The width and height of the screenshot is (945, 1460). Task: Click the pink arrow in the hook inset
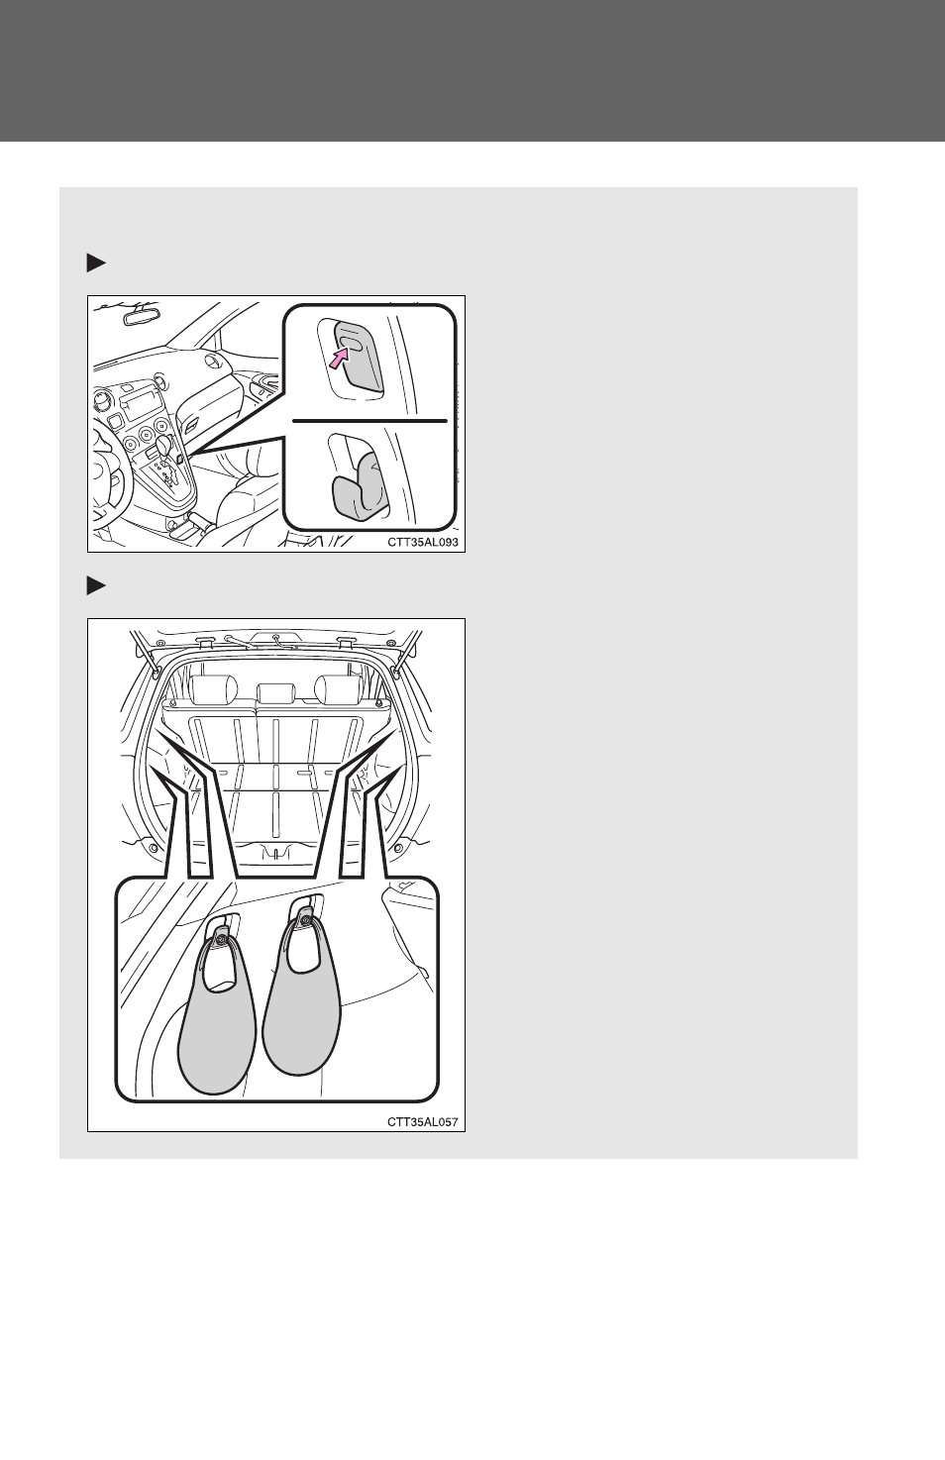tap(340, 358)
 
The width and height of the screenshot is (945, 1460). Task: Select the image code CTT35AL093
tap(423, 542)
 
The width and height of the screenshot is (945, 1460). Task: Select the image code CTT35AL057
tap(423, 1121)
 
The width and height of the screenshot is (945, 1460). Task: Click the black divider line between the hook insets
tap(370, 421)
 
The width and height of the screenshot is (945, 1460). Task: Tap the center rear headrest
tap(277, 694)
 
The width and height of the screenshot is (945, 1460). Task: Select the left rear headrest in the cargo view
tap(214, 689)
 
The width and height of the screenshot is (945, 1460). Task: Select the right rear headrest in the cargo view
tap(338, 689)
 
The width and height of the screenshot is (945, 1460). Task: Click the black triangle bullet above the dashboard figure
tap(96, 263)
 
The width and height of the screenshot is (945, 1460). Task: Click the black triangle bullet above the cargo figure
tap(96, 586)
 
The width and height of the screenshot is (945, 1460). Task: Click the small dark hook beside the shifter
tap(179, 459)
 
